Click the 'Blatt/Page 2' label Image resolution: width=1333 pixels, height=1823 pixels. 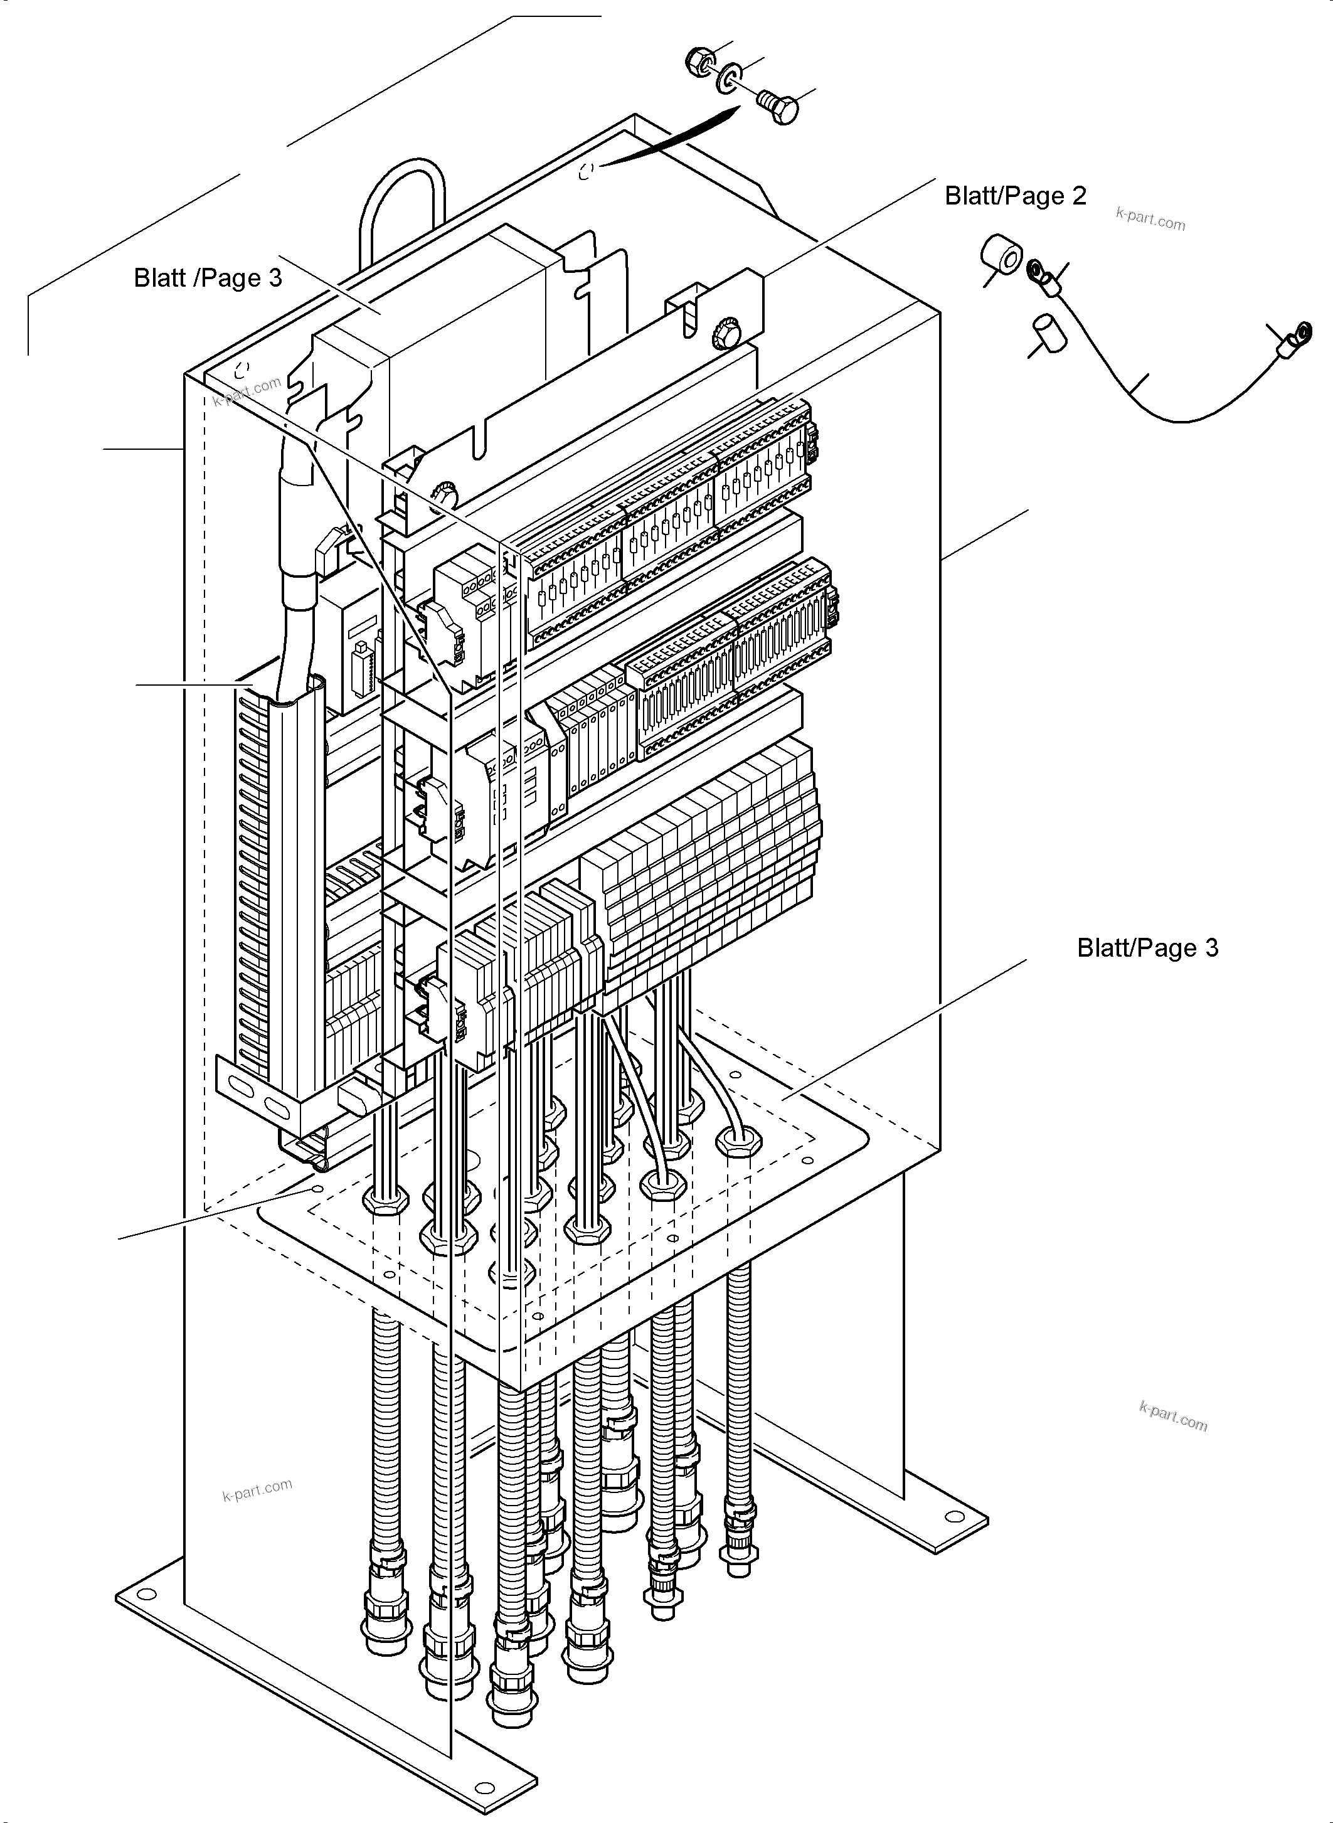click(x=1015, y=196)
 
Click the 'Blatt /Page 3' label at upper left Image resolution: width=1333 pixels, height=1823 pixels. click(x=208, y=278)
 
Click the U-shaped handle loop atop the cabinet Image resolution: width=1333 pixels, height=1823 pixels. click(x=401, y=202)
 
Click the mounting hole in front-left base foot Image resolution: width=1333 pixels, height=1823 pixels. click(x=147, y=1594)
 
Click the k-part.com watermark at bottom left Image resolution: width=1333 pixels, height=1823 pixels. click(x=257, y=1489)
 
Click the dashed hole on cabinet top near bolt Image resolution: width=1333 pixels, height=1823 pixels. click(x=587, y=170)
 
